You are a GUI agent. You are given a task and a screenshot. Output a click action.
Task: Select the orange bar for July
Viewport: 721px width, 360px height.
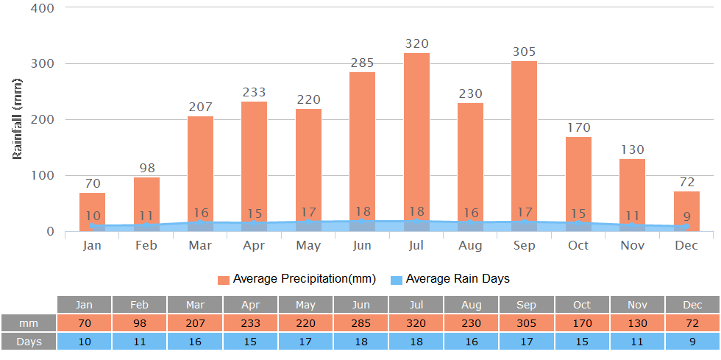(416, 140)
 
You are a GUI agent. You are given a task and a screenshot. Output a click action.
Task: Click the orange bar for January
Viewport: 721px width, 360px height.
(93, 210)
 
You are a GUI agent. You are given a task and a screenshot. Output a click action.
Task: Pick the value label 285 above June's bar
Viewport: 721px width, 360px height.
(363, 62)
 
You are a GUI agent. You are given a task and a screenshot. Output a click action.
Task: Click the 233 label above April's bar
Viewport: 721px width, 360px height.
(255, 92)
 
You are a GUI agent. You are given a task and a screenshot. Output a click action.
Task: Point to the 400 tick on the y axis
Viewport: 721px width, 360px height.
(43, 8)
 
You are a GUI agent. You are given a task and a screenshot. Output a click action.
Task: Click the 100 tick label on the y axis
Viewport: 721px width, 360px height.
(43, 175)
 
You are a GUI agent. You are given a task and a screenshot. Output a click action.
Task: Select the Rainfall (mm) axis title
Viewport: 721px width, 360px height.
(18, 119)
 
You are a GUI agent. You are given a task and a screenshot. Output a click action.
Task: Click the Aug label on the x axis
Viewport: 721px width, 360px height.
(470, 245)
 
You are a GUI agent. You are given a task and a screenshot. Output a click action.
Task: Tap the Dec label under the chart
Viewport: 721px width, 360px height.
(686, 245)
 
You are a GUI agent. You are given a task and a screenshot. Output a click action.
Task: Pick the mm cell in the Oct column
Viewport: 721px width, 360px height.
(582, 323)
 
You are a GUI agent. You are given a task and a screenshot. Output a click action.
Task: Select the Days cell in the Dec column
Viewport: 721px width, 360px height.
(692, 342)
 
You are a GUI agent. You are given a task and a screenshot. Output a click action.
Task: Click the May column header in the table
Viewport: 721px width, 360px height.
(305, 305)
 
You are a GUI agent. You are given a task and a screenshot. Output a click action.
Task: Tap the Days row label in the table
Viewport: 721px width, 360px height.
(29, 342)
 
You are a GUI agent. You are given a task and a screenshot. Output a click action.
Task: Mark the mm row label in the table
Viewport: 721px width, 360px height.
(29, 323)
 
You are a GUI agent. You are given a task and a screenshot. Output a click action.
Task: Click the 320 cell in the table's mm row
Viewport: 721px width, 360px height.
(416, 323)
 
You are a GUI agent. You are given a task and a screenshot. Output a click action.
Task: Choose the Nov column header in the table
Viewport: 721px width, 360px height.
(637, 305)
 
